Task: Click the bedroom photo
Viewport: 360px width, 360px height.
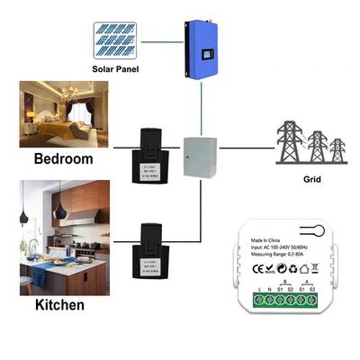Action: pos(63,114)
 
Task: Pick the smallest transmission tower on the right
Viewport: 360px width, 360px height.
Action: pos(337,151)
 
